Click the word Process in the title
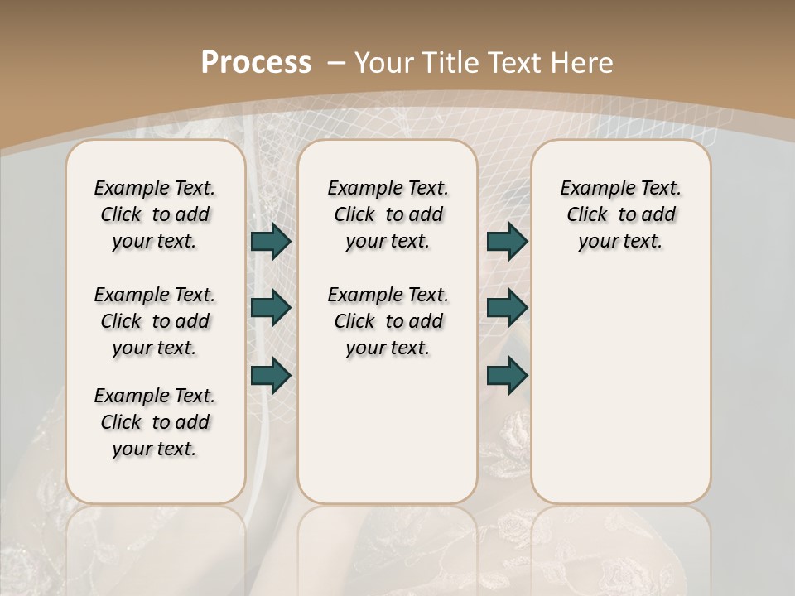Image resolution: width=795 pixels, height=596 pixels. click(256, 62)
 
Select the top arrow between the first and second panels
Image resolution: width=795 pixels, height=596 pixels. click(271, 242)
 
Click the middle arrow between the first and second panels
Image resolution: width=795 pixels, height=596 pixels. click(271, 308)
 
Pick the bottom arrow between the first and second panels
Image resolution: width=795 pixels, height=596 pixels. click(271, 375)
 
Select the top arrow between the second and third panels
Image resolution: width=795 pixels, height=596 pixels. click(507, 242)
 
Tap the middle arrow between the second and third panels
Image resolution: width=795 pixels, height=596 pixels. click(507, 308)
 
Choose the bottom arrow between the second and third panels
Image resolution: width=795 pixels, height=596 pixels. click(507, 375)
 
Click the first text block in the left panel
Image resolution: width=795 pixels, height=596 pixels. click(155, 214)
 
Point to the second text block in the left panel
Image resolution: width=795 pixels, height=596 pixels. click(155, 321)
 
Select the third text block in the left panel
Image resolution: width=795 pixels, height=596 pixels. click(155, 422)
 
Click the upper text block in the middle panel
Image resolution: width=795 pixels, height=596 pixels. click(388, 214)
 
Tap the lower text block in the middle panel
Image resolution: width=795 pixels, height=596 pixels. click(388, 321)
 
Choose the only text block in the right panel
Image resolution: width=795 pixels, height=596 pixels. click(620, 214)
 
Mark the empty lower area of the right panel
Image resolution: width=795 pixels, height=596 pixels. click(620, 381)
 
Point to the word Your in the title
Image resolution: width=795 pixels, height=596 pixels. click(386, 62)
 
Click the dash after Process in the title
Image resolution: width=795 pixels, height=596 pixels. click(336, 62)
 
